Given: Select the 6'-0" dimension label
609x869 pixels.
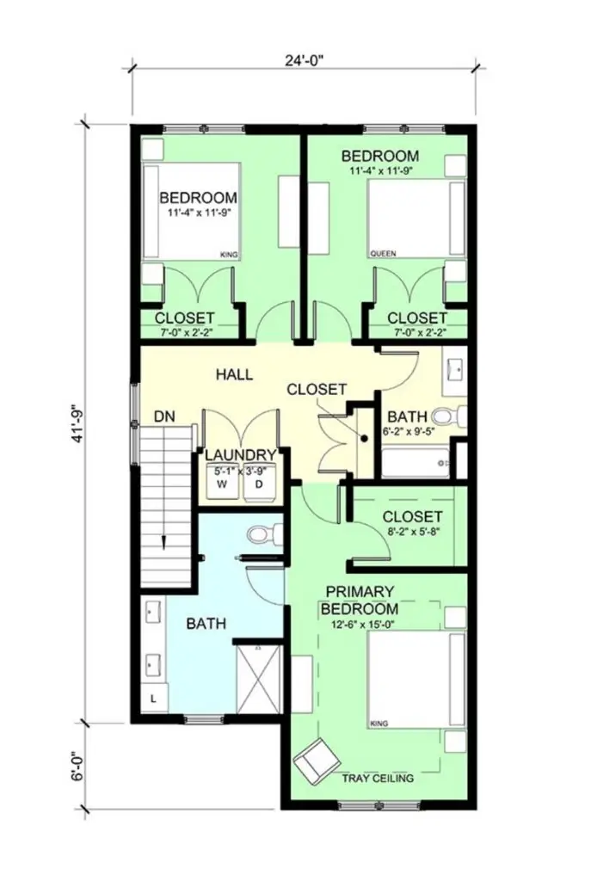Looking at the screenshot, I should (79, 766).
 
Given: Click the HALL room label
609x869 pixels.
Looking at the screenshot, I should (233, 374).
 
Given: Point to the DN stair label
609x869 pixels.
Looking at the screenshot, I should (165, 416).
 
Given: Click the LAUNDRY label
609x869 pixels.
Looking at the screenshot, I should (241, 455).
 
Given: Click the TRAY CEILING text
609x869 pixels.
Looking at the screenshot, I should (378, 778).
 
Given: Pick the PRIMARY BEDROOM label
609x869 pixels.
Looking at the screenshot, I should (360, 601).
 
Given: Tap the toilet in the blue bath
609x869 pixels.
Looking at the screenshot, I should (260, 535).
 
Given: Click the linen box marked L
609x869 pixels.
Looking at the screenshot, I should (154, 699).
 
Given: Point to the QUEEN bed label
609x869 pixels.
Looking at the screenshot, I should (383, 255).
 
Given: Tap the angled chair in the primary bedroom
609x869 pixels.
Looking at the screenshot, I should (314, 760).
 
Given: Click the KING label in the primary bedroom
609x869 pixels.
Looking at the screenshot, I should (378, 724).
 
